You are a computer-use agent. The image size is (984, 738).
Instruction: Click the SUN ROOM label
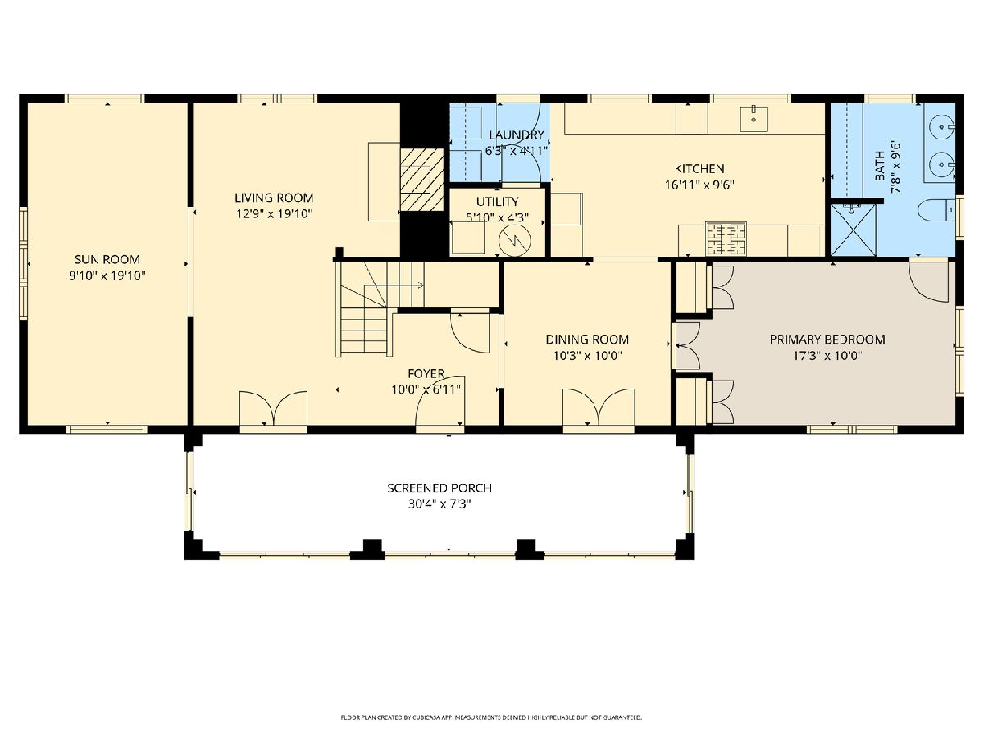(107, 259)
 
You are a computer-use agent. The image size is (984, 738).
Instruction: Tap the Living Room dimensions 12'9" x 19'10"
(274, 214)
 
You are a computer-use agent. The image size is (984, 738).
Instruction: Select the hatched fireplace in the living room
(421, 180)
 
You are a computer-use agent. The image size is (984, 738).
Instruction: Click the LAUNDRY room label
(517, 134)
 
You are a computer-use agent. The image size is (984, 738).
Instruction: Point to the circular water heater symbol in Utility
(515, 240)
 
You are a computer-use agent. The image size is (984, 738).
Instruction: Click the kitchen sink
(753, 119)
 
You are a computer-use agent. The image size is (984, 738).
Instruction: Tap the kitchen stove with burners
(726, 239)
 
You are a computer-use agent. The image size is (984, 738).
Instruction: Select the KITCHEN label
(699, 168)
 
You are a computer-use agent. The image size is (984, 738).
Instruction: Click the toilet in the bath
(937, 210)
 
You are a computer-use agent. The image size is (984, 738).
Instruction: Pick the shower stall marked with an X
(853, 230)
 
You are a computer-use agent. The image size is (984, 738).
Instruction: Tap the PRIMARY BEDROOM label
(827, 339)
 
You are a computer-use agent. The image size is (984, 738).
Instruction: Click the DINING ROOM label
(587, 339)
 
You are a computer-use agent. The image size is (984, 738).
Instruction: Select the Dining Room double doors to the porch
(599, 408)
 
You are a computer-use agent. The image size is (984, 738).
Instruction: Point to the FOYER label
(426, 373)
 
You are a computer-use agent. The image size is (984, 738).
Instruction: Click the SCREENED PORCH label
(440, 488)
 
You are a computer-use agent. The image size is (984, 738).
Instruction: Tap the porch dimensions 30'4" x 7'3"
(440, 504)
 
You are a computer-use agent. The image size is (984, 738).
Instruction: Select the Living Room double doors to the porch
(273, 408)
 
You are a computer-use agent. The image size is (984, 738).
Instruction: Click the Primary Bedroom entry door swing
(928, 281)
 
